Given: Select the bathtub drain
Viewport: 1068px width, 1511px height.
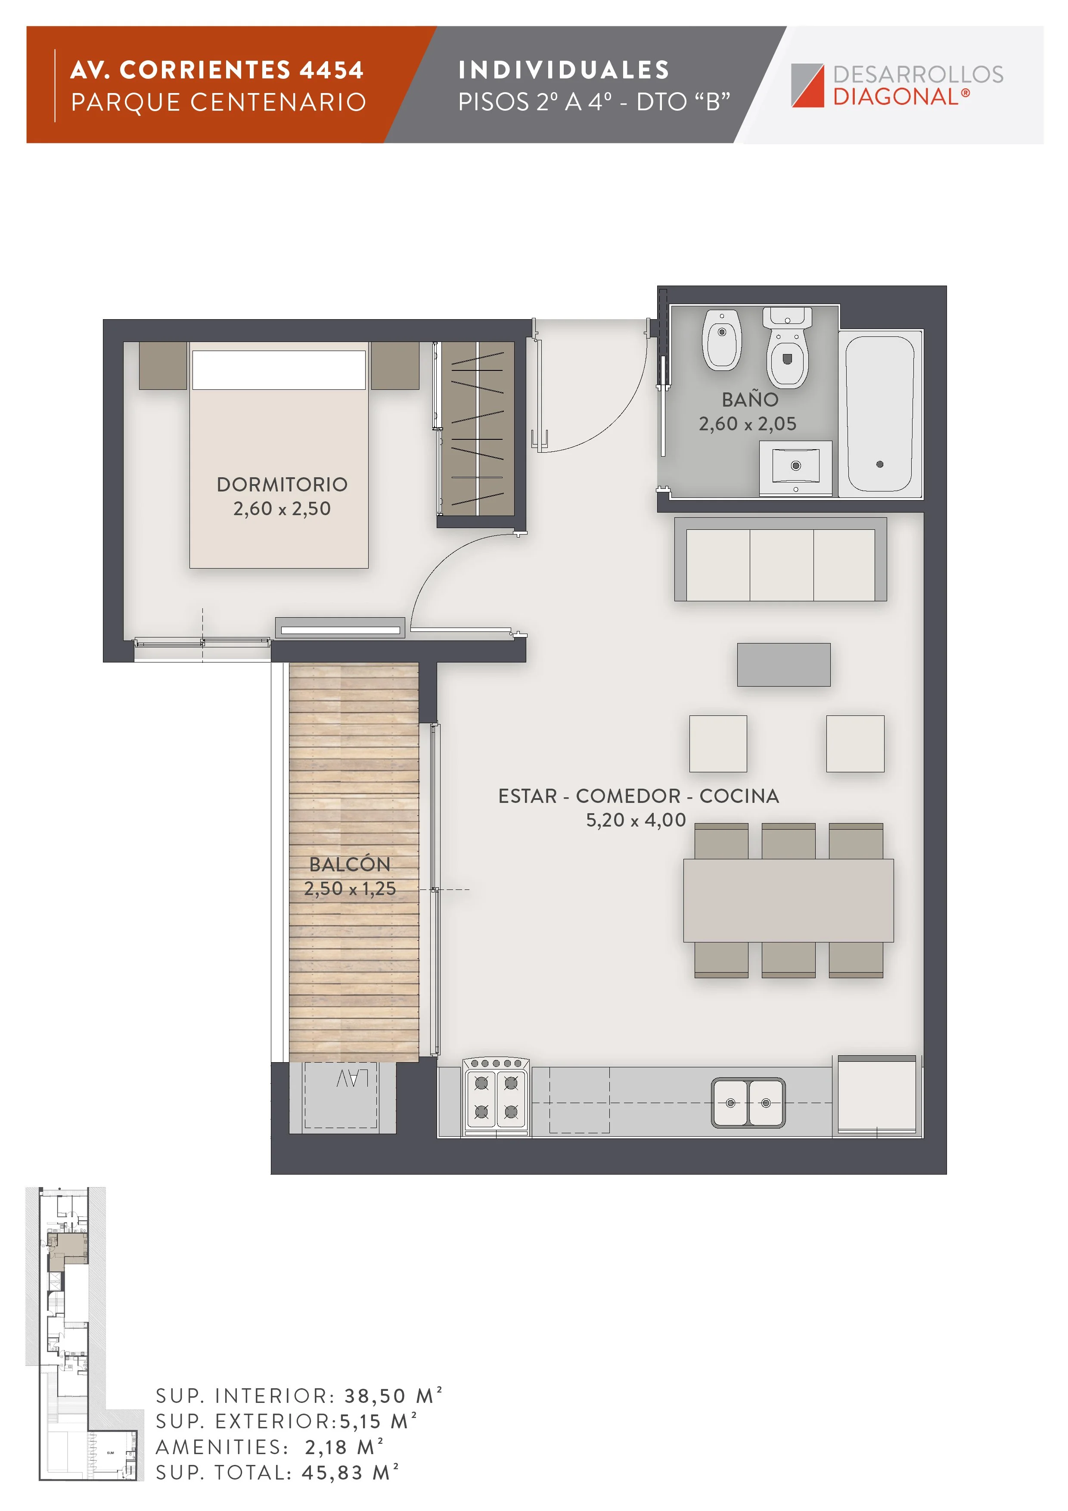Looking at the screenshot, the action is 880,464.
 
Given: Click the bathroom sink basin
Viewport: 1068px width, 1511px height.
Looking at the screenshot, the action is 795,465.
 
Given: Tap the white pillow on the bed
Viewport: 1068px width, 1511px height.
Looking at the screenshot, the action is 278,370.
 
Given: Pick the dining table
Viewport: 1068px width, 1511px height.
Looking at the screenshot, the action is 789,900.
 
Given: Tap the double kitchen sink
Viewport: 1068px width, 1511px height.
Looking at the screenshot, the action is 748,1102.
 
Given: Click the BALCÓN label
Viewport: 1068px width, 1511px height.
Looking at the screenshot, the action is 350,864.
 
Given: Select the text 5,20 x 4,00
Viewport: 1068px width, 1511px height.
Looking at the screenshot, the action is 636,820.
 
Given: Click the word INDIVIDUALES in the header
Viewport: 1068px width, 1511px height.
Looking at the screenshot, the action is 564,70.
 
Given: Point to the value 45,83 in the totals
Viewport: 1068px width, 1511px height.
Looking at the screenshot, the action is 332,1473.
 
